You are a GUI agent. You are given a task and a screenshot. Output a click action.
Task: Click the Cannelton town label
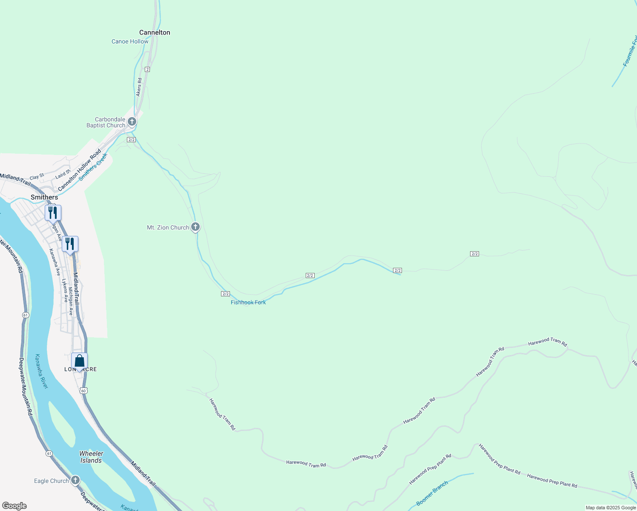(155, 32)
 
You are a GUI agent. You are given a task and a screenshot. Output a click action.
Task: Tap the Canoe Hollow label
(130, 41)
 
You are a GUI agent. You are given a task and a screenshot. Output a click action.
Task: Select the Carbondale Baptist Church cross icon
(132, 121)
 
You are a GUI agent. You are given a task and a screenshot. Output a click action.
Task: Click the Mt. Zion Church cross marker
(195, 227)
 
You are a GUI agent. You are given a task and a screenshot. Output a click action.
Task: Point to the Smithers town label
(44, 197)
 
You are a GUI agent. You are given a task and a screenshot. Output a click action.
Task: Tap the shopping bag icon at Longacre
(80, 361)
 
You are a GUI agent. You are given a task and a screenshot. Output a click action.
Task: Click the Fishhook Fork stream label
(248, 302)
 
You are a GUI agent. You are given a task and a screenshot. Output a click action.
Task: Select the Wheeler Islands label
(91, 457)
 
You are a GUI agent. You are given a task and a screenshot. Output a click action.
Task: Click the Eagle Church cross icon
(75, 480)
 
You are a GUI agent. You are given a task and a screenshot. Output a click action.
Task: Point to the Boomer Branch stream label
(432, 493)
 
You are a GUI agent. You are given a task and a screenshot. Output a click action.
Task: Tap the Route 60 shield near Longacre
(83, 390)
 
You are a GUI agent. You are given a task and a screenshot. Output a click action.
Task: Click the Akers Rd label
(139, 87)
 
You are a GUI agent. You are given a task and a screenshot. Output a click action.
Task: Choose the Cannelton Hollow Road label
(80, 169)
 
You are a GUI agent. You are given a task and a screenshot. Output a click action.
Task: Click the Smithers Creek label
(93, 167)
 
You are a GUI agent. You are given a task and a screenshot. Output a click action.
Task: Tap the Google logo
(14, 506)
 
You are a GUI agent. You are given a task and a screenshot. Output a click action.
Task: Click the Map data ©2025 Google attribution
(611, 508)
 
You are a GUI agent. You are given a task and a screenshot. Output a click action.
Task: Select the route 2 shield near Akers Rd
(147, 69)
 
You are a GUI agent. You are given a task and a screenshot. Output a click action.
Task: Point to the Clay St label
(37, 176)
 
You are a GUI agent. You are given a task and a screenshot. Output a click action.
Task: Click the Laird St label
(63, 174)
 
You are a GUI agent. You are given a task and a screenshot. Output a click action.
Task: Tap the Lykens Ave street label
(65, 290)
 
